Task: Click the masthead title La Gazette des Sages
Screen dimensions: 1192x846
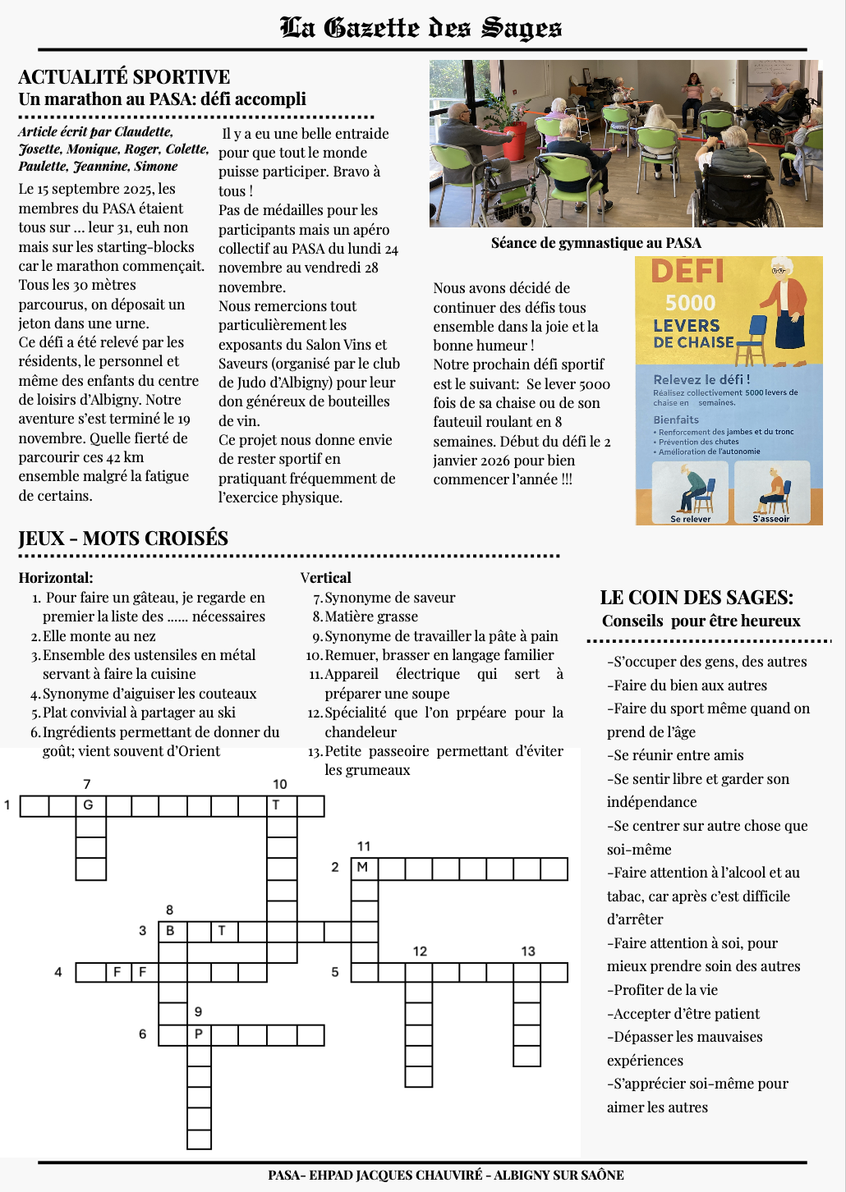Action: coord(421,28)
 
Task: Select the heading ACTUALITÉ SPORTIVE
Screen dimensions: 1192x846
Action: coord(124,77)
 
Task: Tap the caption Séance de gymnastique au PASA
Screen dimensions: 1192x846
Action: coord(595,243)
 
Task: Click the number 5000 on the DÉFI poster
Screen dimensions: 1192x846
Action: coord(690,303)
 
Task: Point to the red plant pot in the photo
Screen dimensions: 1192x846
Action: coord(516,140)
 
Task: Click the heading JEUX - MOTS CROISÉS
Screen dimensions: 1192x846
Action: coord(123,539)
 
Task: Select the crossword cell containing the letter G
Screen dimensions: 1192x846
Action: coord(90,805)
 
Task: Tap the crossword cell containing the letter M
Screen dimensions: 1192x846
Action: coord(364,868)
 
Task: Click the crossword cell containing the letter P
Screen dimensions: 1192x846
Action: coord(199,1034)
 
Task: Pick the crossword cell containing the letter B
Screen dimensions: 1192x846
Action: coord(172,931)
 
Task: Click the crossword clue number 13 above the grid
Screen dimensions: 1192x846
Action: coord(528,951)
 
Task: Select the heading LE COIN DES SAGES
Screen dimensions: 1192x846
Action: coord(697,598)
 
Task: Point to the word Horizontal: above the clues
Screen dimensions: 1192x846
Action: coord(56,578)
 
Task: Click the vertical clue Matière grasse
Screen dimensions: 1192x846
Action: coord(371,617)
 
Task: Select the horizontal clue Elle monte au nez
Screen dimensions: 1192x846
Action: coord(99,636)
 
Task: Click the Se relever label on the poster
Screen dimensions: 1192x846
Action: coord(690,519)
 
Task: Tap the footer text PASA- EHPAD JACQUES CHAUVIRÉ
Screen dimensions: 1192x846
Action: coord(375,1175)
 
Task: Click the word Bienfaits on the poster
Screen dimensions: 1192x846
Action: coord(676,419)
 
